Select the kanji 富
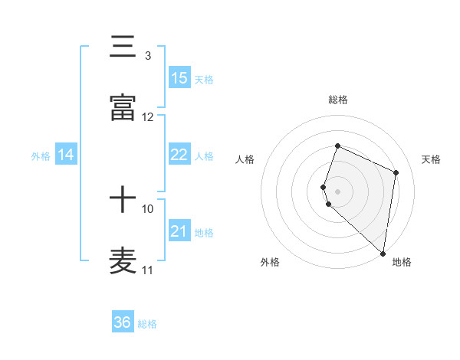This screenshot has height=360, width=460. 123,109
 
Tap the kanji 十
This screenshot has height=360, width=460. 123,201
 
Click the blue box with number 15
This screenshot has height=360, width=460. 179,78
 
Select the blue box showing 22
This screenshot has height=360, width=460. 179,155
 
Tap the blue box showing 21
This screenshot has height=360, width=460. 179,231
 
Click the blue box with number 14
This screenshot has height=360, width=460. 66,155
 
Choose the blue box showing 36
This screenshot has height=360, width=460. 123,323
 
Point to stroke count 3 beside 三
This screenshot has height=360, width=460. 147,56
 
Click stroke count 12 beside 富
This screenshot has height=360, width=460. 148,117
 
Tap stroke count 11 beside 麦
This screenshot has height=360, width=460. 148,270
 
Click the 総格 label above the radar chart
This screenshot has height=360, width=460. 337,100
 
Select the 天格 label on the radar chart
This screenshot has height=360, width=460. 431,159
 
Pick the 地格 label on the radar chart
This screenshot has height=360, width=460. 402,263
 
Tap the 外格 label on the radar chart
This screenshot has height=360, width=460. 270,263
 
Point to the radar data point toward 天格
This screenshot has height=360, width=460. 396,172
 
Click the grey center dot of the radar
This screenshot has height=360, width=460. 337,191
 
